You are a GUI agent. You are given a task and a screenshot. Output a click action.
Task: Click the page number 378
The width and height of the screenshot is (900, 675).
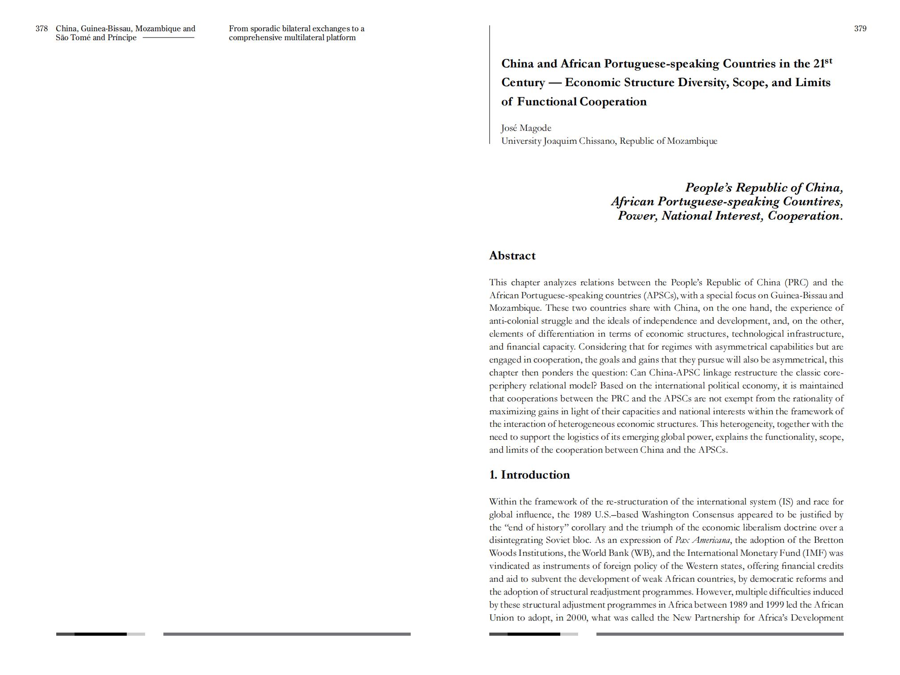pyautogui.click(x=42, y=29)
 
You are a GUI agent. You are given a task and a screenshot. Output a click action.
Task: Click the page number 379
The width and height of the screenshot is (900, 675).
pyautogui.click(x=860, y=29)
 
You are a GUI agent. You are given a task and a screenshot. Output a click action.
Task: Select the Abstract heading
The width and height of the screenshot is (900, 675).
pyautogui.click(x=512, y=256)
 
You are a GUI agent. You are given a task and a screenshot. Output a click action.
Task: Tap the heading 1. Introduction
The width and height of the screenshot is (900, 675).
pyautogui.click(x=529, y=475)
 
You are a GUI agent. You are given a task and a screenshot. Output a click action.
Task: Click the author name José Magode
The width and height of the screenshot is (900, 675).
pyautogui.click(x=526, y=128)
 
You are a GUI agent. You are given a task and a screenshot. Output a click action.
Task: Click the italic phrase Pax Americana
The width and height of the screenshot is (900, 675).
pyautogui.click(x=703, y=540)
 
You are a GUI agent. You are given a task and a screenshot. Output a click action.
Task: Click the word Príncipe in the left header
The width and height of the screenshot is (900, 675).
pyautogui.click(x=122, y=38)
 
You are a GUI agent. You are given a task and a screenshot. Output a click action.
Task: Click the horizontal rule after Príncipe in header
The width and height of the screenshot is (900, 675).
pyautogui.click(x=168, y=38)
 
